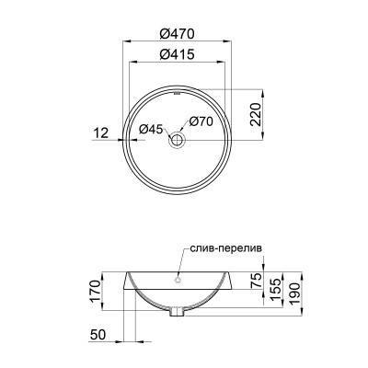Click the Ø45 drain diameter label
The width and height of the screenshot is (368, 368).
pos(150,130)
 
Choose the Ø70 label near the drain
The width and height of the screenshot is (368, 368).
pos(202,121)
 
